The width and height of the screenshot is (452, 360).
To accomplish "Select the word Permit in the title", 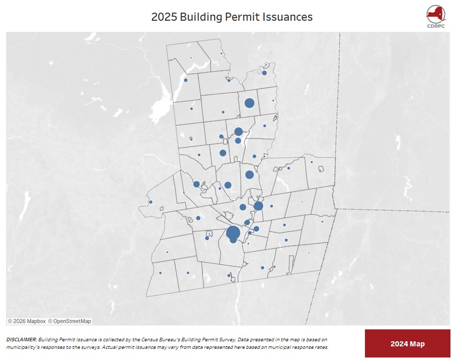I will [244, 17].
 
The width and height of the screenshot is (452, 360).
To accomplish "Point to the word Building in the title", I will [202, 17].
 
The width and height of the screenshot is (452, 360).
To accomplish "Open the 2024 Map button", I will [407, 344].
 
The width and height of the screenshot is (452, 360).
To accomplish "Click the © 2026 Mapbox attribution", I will [27, 321].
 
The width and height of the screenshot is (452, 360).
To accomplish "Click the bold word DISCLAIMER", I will [22, 339].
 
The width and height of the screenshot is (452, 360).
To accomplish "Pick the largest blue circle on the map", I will [233, 233].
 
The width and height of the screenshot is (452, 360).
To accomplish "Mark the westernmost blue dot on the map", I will [150, 202].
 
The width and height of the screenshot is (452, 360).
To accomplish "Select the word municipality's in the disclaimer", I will [22, 347].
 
